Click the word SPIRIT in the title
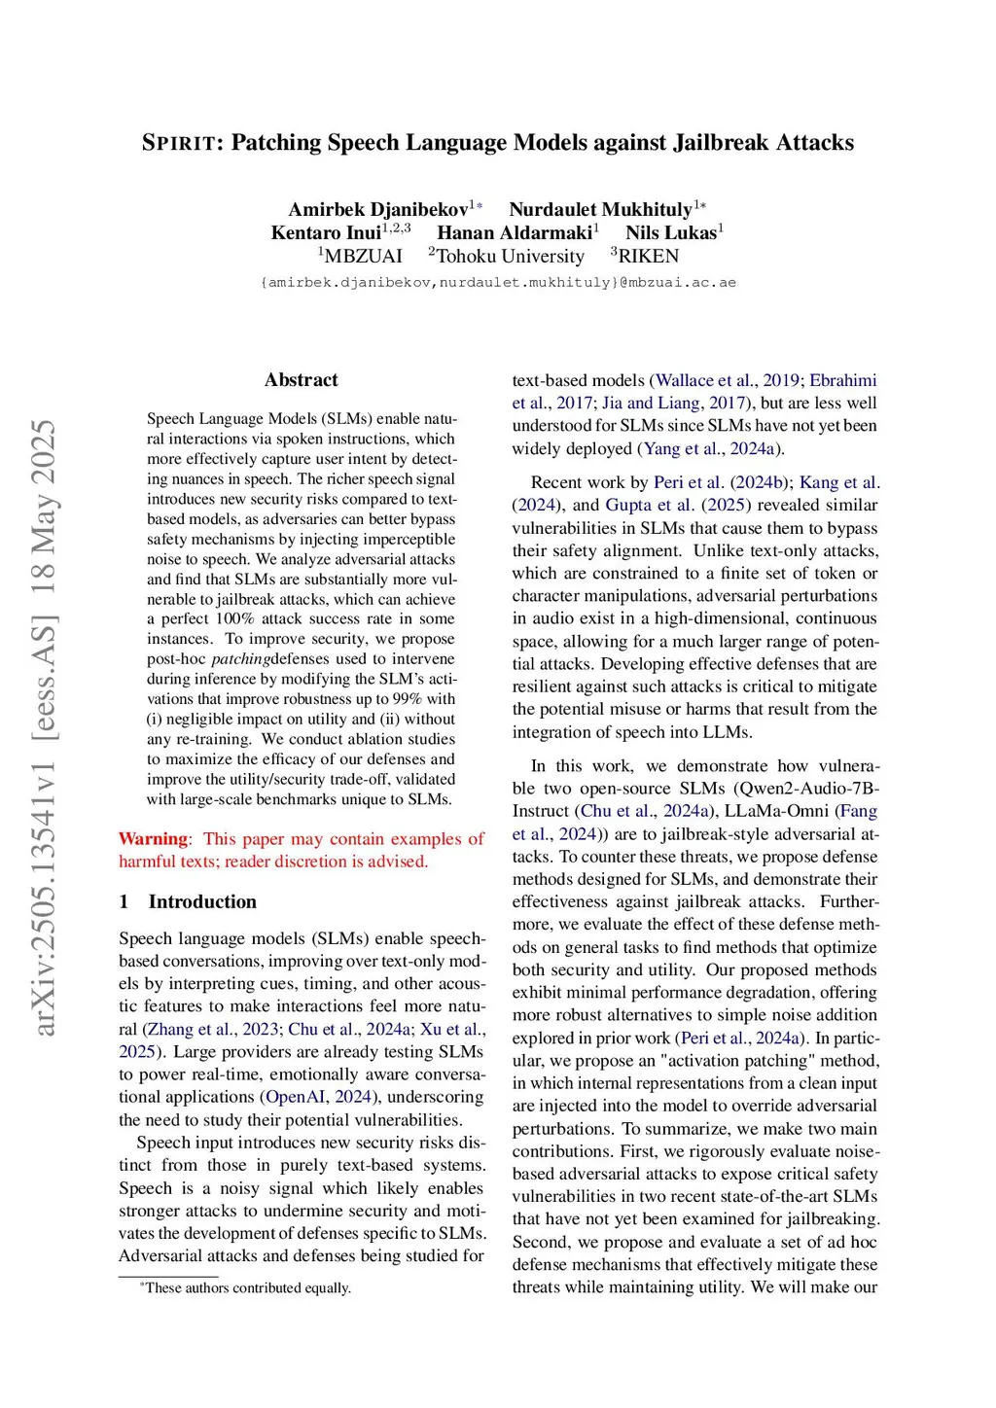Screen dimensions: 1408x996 tap(178, 143)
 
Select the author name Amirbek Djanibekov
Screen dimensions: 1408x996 tap(377, 209)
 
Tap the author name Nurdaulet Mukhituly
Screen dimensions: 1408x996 tap(600, 209)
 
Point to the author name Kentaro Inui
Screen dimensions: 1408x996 tap(326, 232)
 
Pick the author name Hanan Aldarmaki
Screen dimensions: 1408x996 tap(515, 232)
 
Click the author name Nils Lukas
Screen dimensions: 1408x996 tap(671, 232)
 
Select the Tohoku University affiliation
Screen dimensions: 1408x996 tap(510, 256)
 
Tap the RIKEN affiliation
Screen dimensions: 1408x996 tap(648, 256)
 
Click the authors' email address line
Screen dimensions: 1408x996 tap(498, 282)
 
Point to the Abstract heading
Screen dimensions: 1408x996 tap(302, 380)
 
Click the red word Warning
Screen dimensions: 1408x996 tap(153, 838)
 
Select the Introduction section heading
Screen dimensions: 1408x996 tap(202, 901)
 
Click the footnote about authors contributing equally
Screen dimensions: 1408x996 tap(247, 1287)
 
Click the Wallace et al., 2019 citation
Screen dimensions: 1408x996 tap(728, 380)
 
